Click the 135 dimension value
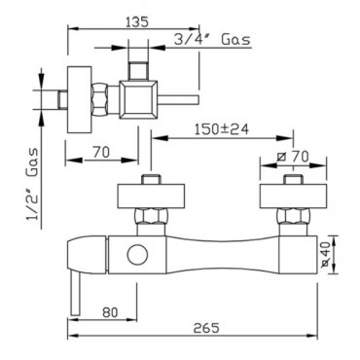(x=137, y=21)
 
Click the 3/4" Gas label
(x=212, y=40)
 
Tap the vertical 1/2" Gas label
(x=32, y=184)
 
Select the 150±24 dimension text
(x=222, y=129)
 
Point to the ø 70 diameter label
(x=293, y=157)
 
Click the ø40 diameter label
(x=325, y=255)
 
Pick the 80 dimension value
(x=110, y=312)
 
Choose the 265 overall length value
(x=206, y=328)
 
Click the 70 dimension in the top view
(x=101, y=152)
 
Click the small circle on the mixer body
(x=137, y=255)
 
